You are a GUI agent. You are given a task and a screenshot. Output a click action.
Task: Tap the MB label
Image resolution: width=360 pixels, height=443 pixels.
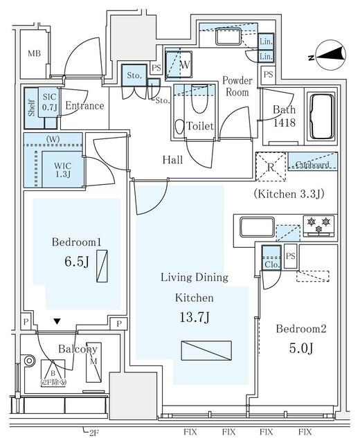pos(34,54)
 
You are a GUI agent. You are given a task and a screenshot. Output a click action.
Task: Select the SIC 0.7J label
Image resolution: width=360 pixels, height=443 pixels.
pos(48,104)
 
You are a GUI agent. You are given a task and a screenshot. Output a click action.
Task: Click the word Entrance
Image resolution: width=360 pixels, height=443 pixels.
pos(84,106)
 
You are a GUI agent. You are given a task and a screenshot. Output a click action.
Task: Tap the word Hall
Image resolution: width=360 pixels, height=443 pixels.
pos(172,160)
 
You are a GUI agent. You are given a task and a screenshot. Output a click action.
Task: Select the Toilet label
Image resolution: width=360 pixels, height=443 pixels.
pos(199,126)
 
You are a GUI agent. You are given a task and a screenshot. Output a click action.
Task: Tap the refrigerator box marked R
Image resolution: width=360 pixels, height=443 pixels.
pos(271,166)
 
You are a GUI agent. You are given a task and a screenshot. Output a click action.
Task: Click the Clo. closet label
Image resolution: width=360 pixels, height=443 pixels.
pos(270,264)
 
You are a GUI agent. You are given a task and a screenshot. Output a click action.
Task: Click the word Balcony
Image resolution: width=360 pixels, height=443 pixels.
pos(77,349)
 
